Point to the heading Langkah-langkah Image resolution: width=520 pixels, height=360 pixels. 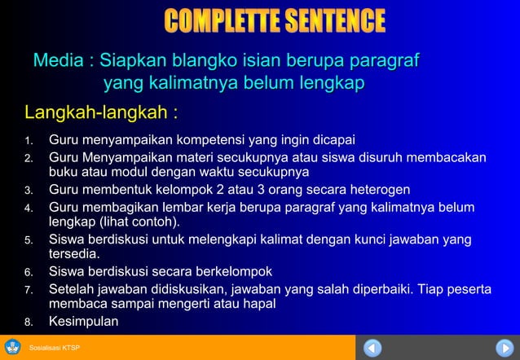click(x=101, y=111)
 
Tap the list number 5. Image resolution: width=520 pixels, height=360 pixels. click(x=29, y=241)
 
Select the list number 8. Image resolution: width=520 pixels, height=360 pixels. click(x=29, y=323)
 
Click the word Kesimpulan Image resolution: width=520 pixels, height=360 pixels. click(x=83, y=322)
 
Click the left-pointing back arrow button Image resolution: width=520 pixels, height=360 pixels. click(x=372, y=348)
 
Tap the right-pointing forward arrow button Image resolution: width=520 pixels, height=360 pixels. click(x=505, y=348)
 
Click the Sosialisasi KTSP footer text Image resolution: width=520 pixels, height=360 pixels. click(x=54, y=349)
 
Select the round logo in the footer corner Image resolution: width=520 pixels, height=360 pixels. click(x=13, y=348)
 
